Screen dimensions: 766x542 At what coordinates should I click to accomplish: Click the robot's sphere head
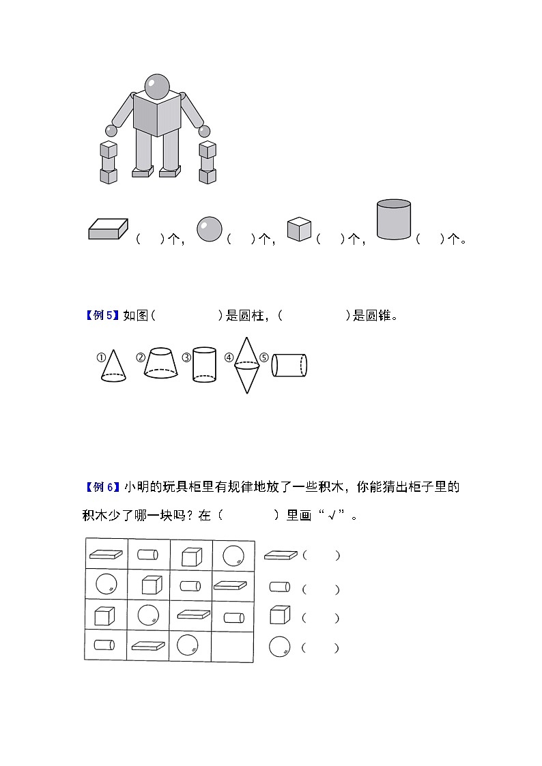pyautogui.click(x=158, y=86)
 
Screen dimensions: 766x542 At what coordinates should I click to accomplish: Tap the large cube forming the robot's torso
pyautogui.click(x=157, y=113)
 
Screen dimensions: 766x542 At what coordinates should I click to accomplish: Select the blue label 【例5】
pyautogui.click(x=102, y=316)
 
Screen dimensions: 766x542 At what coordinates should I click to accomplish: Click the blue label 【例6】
pyautogui.click(x=102, y=487)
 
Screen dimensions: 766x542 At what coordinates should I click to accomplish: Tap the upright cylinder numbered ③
pyautogui.click(x=204, y=364)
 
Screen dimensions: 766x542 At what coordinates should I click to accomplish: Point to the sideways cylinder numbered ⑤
pyautogui.click(x=289, y=366)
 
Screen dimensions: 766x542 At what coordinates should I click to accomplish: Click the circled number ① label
pyautogui.click(x=100, y=357)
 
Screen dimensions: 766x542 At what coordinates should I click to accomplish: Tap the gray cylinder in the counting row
pyautogui.click(x=394, y=220)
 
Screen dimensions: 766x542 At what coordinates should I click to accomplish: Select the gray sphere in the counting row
pyautogui.click(x=209, y=229)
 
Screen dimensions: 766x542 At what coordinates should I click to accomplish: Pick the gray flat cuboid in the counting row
pyautogui.click(x=109, y=229)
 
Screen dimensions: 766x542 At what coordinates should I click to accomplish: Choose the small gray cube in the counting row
pyautogui.click(x=299, y=229)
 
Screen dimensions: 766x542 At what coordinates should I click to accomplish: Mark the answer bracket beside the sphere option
pyautogui.click(x=320, y=648)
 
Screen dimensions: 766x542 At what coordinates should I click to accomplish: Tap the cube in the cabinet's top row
pyautogui.click(x=191, y=557)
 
